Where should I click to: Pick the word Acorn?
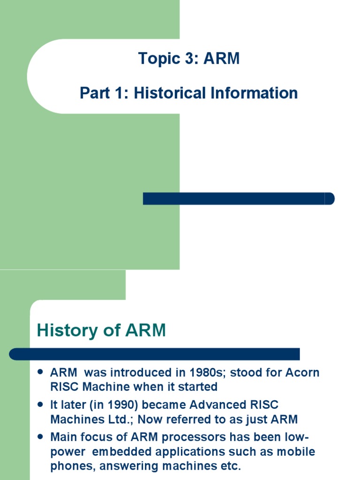click(300, 373)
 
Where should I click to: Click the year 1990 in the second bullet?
click(127, 405)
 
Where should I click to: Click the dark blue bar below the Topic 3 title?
click(238, 198)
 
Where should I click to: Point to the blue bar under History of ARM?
click(155, 354)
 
